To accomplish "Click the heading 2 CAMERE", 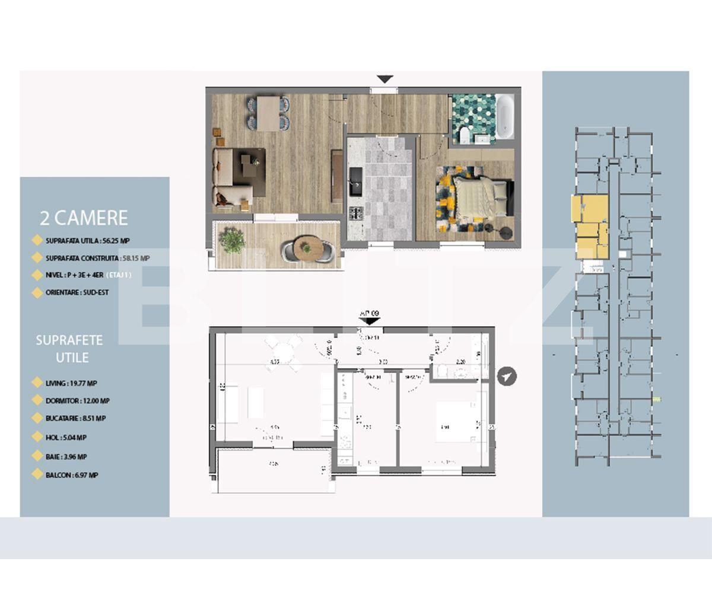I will click(x=84, y=218).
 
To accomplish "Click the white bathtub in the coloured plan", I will click(x=505, y=117).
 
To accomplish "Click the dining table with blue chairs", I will click(x=268, y=113).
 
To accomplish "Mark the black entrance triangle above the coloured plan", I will click(x=385, y=79).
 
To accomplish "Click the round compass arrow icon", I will click(x=507, y=376).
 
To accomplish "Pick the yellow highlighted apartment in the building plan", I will click(x=591, y=226).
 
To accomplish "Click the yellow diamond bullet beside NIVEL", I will click(x=37, y=275).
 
